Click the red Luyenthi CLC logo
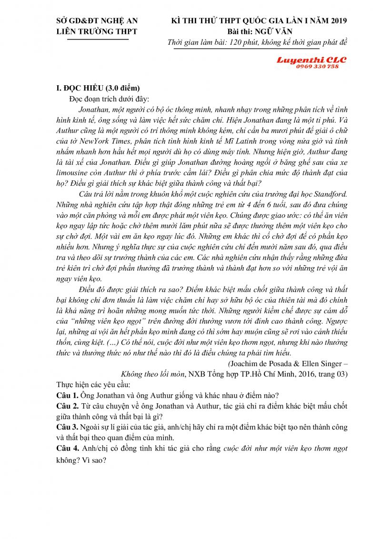(311, 60)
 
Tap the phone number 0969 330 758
(317, 67)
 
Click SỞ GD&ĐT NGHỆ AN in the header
(97, 20)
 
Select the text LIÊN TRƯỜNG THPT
(97, 31)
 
